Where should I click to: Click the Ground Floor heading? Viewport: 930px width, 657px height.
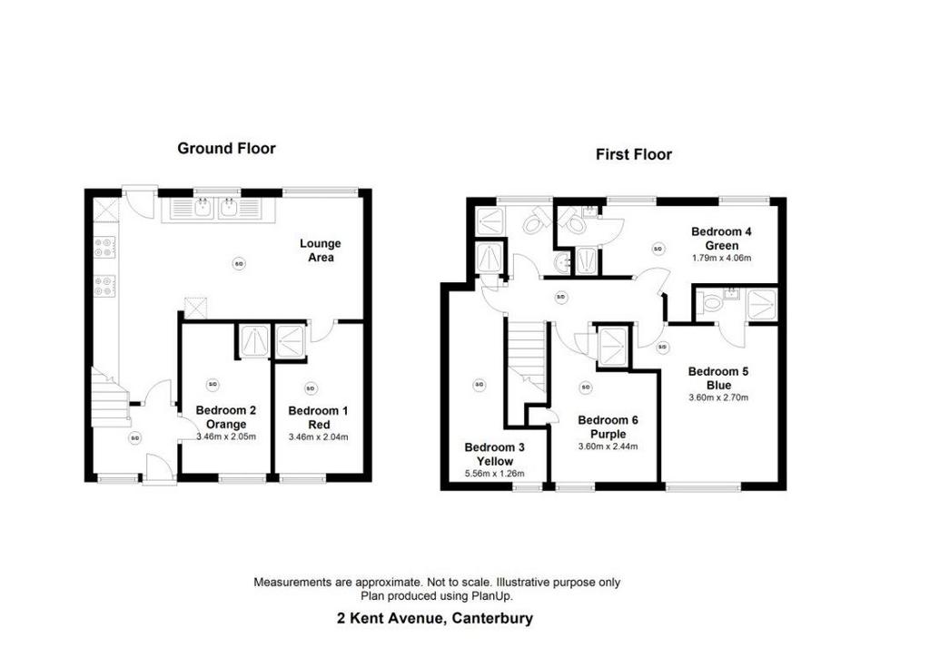226,148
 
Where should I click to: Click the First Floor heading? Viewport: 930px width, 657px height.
633,154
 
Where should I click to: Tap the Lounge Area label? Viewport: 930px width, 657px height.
321,250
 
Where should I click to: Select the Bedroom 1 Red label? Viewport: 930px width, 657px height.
318,417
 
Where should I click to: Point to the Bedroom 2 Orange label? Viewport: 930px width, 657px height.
226,417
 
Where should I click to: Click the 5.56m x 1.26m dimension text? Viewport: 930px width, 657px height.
495,474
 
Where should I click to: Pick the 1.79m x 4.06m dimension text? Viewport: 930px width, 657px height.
721,258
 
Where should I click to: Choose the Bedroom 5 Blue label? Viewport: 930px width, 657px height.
718,378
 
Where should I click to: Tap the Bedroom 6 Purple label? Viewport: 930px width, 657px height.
608,427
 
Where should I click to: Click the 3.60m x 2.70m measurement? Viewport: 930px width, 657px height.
718,397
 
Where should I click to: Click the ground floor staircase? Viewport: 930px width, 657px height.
110,397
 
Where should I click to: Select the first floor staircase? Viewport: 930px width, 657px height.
527,357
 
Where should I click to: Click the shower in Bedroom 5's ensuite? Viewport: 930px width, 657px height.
762,304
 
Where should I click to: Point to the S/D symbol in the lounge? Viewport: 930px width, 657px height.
239,264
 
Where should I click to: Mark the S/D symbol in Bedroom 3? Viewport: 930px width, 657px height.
480,385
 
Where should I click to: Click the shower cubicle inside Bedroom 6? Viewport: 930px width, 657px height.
613,347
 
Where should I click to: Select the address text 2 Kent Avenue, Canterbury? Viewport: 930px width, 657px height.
435,619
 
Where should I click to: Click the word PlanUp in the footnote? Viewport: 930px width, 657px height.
491,596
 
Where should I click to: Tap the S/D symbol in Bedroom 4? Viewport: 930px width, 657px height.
658,249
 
